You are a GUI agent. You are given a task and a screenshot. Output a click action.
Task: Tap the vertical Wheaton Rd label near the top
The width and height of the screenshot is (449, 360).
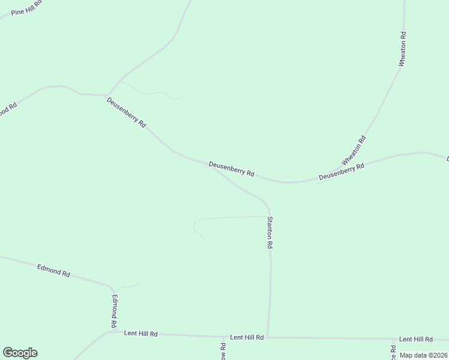[x=403, y=49]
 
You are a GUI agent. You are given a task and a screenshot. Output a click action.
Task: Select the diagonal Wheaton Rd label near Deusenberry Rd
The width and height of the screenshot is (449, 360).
[x=354, y=151]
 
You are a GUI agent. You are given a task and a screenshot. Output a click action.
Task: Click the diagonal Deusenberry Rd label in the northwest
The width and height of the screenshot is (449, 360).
[x=126, y=113]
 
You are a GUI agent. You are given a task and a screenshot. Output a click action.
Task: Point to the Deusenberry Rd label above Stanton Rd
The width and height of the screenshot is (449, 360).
[x=232, y=169]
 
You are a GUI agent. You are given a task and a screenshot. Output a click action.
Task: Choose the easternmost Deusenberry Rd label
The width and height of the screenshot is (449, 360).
[x=342, y=172]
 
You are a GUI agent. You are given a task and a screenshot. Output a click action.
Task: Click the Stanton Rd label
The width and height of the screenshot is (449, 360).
[x=270, y=233]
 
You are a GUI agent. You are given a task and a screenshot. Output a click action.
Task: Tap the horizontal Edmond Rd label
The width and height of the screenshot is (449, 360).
[x=53, y=270]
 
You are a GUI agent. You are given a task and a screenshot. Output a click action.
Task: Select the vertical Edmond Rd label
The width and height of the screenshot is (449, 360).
[x=114, y=310]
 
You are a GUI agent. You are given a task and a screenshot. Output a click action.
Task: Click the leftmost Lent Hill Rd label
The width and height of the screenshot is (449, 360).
[x=140, y=333]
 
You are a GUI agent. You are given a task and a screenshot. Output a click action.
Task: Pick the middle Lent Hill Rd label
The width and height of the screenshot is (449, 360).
[x=247, y=338]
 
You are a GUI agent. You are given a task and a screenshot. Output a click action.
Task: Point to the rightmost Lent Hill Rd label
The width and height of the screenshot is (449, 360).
[x=415, y=340]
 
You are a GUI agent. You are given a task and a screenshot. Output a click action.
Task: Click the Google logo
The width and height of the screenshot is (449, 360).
[x=20, y=353]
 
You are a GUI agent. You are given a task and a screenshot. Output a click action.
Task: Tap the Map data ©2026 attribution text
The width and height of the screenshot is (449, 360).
[x=423, y=355]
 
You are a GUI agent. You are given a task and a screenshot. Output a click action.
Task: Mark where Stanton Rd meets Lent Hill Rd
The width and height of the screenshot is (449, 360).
[x=268, y=337]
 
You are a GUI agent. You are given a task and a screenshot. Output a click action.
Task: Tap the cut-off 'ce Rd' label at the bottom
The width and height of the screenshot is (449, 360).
[x=393, y=352]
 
